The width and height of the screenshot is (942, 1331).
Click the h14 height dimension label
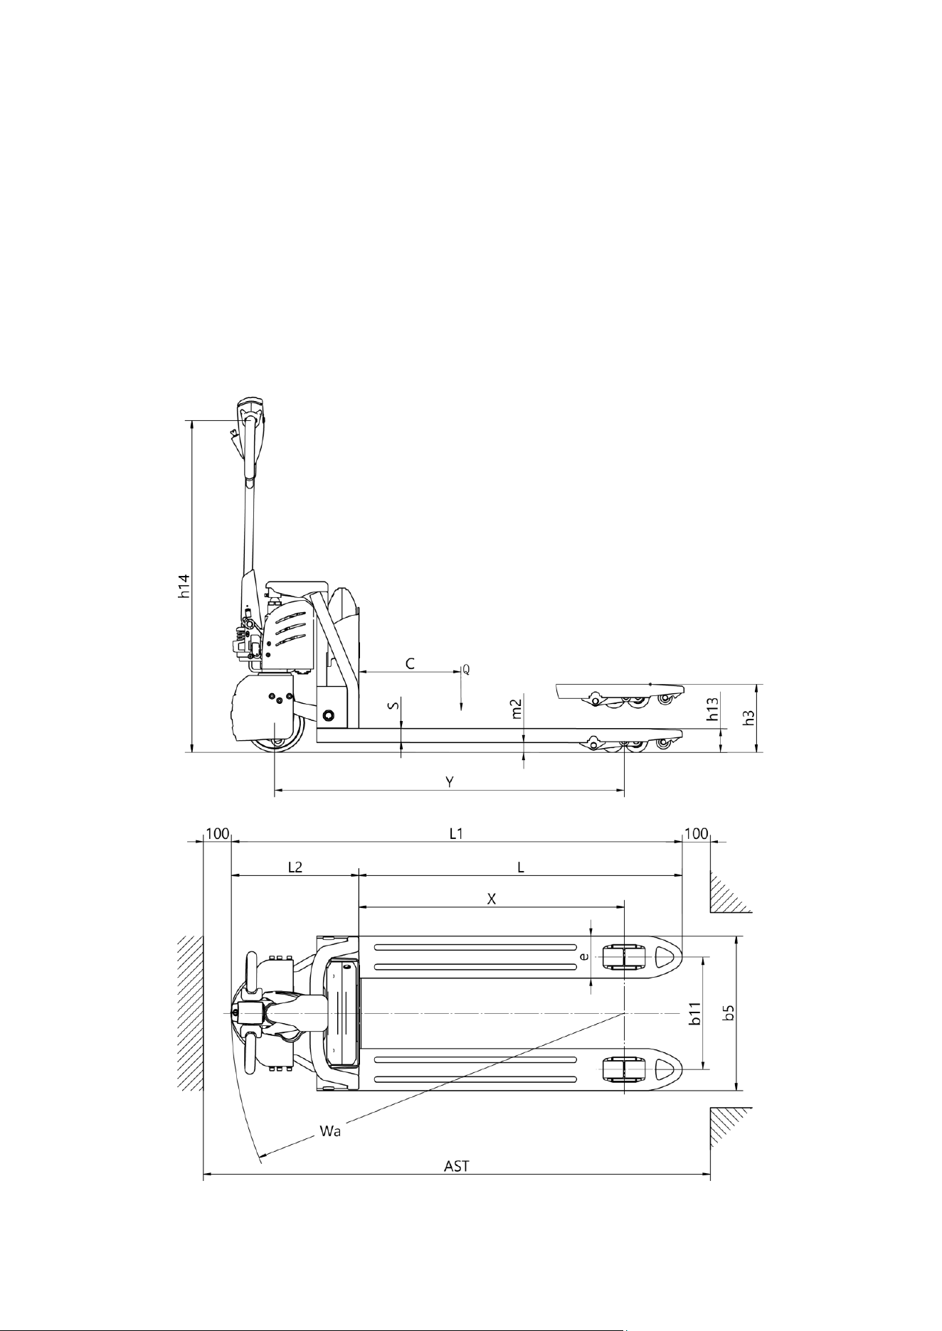click(184, 585)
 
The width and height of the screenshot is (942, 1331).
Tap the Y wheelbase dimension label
click(450, 781)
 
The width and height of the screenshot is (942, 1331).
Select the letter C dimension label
click(411, 663)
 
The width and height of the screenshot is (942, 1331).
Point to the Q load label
click(466, 670)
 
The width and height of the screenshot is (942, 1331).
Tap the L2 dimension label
click(295, 867)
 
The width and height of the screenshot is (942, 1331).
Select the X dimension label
click(491, 898)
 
